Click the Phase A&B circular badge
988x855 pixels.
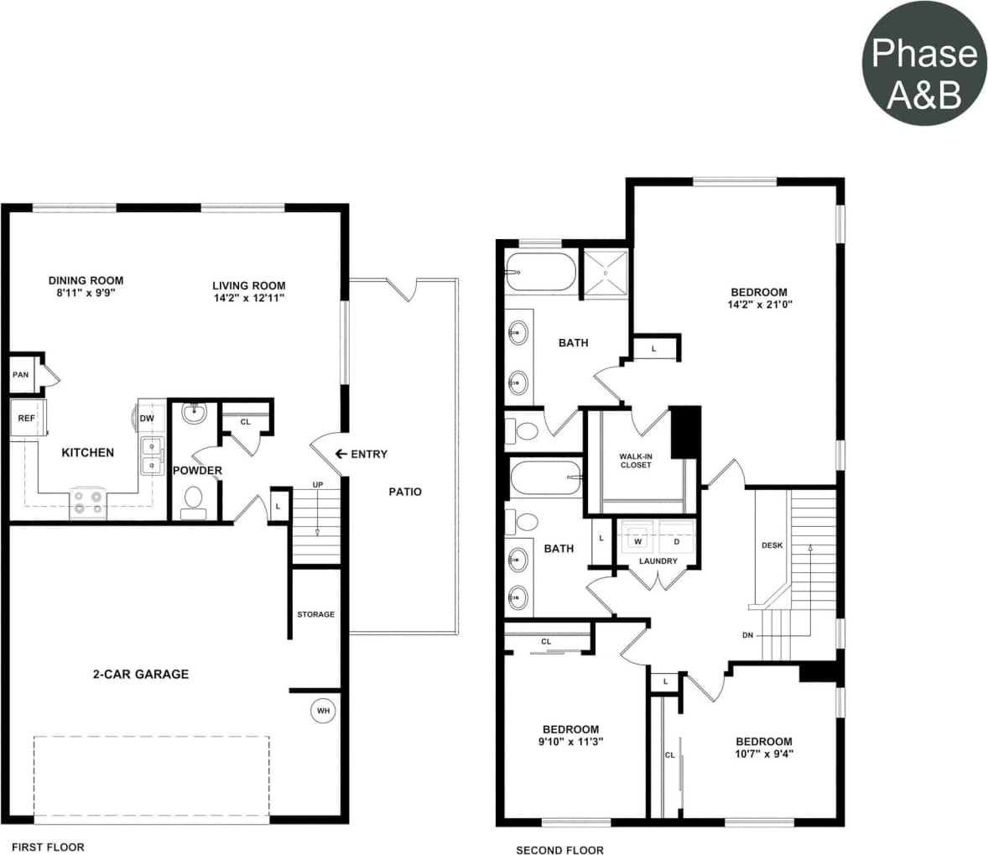tap(924, 64)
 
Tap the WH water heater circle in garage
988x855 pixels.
tap(323, 711)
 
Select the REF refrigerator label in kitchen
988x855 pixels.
tap(27, 417)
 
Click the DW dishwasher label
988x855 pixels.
tap(147, 418)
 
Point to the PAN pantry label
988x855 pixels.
tap(20, 374)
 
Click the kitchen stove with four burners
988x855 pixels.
tap(87, 501)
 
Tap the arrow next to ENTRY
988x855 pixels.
tap(341, 454)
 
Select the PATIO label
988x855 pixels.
tap(405, 492)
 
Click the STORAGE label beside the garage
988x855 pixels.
tap(315, 614)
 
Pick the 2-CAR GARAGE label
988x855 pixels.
tap(140, 674)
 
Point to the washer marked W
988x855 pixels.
tap(637, 541)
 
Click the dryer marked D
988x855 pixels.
tap(676, 541)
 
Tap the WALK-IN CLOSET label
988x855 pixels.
tap(636, 461)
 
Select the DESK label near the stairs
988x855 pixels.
tap(772, 545)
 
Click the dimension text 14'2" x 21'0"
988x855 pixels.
tap(760, 305)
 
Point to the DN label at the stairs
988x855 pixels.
tap(747, 635)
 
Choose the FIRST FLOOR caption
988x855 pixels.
tap(48, 847)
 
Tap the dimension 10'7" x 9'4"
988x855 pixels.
tap(763, 753)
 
